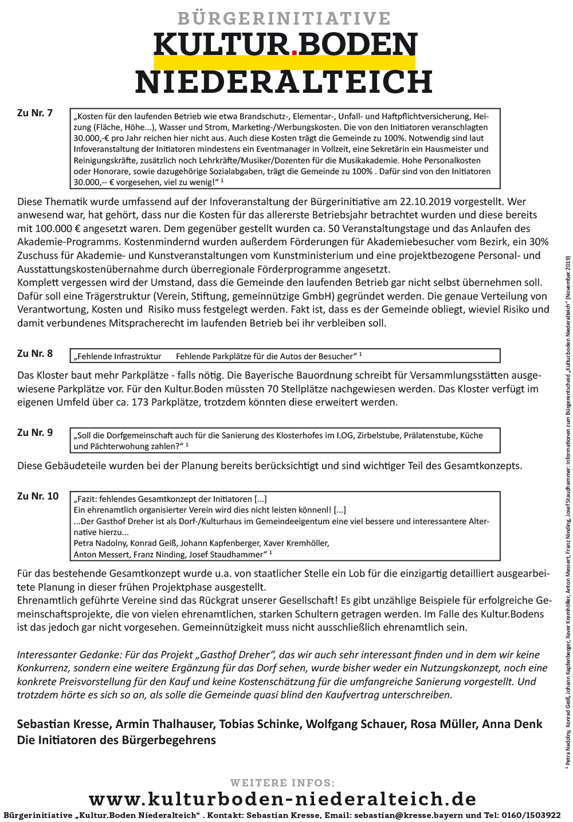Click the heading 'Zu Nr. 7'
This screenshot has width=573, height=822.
tap(35, 113)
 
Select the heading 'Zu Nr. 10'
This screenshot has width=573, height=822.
tap(38, 496)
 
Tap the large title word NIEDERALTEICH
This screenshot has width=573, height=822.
tap(284, 82)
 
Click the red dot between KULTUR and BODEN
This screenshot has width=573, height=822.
tap(294, 52)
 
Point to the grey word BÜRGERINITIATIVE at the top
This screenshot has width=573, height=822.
tap(284, 18)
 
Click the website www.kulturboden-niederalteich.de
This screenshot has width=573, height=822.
tap(282, 799)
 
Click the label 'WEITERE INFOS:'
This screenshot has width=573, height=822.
tap(282, 782)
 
